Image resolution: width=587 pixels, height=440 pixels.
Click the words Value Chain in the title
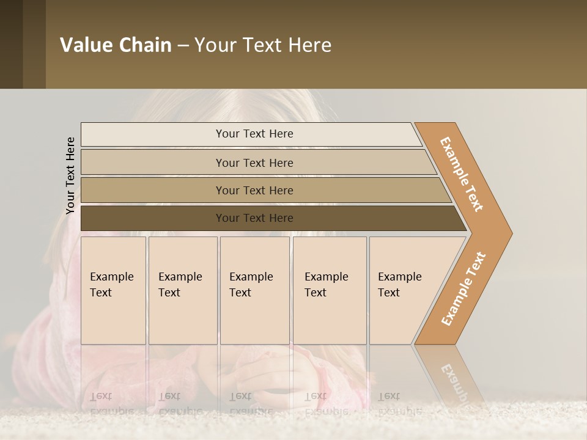[x=116, y=45]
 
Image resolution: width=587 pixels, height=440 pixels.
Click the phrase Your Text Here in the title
[x=263, y=45]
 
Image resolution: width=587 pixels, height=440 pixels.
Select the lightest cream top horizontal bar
[x=153, y=134]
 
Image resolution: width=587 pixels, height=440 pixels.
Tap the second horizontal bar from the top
[x=153, y=163]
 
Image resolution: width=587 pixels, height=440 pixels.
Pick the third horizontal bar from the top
[x=153, y=190]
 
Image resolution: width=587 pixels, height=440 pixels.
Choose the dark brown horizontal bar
[x=153, y=218]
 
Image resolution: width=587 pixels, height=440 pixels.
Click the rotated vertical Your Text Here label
[x=70, y=175]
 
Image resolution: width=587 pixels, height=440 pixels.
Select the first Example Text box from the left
[x=113, y=291]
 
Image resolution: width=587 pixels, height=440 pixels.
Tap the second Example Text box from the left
[x=182, y=291]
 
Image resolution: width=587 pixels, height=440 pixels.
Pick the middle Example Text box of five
[x=254, y=291]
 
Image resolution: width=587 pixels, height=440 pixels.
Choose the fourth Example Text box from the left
[x=329, y=291]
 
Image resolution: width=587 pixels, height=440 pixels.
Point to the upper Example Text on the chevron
[x=462, y=174]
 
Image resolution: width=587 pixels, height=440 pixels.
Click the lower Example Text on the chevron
[x=463, y=288]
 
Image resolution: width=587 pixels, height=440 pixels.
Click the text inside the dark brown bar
[x=254, y=218]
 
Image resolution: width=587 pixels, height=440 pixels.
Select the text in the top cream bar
[x=254, y=134]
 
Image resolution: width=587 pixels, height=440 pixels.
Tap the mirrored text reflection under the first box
[x=111, y=404]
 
